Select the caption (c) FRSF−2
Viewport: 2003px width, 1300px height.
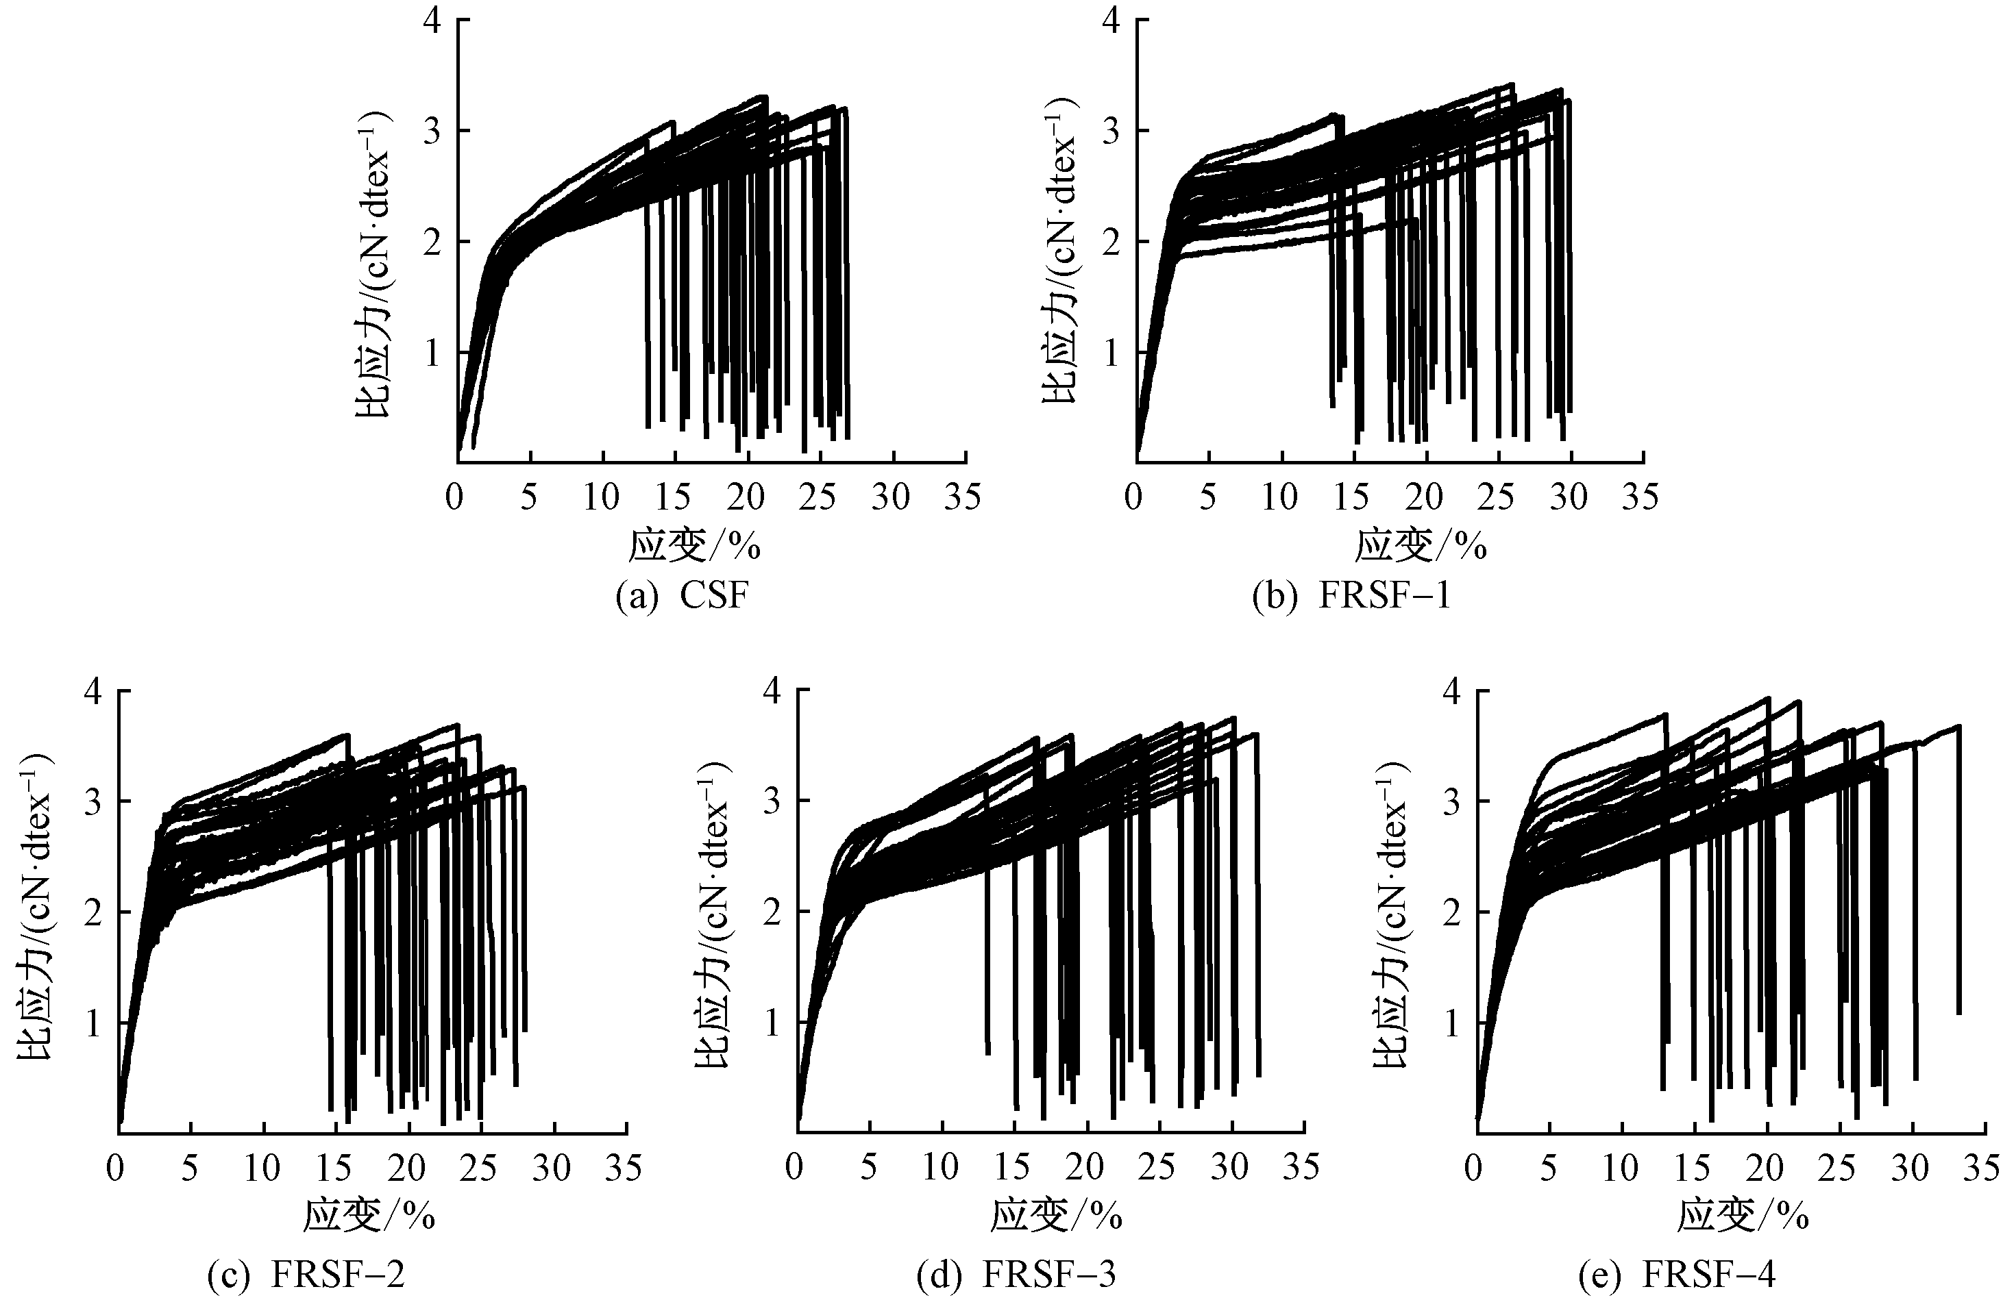tap(306, 1275)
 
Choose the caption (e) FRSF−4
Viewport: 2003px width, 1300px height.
tap(1676, 1275)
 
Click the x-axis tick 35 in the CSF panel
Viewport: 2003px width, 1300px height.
tap(963, 498)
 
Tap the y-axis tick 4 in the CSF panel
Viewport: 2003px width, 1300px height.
tap(432, 20)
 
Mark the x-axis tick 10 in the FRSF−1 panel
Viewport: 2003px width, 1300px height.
tap(1279, 498)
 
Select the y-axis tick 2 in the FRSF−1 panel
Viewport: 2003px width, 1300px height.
tap(1111, 242)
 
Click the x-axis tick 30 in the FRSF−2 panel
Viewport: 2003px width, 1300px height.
tap(552, 1168)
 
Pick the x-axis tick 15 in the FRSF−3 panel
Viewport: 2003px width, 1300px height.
tap(1012, 1168)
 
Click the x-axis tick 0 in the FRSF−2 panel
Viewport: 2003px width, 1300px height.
tap(116, 1168)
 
